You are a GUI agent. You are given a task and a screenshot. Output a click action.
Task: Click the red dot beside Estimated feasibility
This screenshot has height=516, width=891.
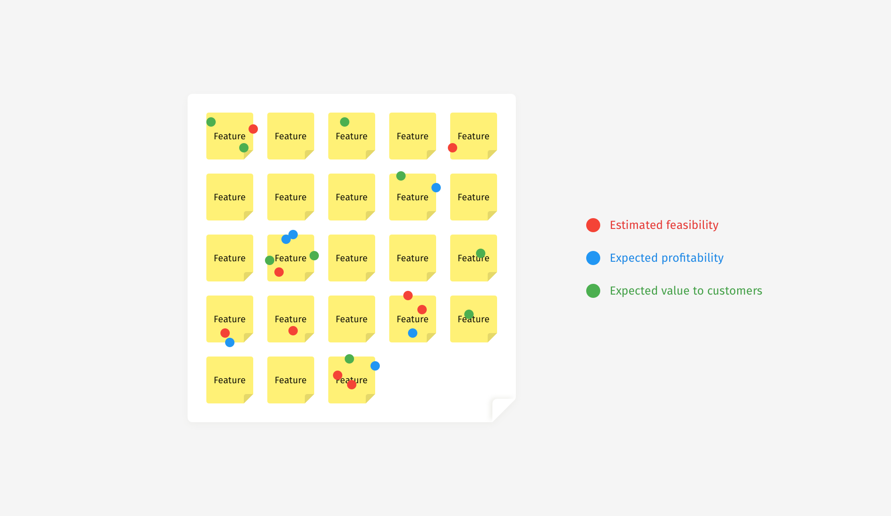click(593, 225)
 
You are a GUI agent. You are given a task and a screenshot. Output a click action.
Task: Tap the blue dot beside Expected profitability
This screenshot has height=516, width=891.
click(593, 258)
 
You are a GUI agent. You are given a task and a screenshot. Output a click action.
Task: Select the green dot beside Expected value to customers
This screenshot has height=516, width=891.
click(593, 291)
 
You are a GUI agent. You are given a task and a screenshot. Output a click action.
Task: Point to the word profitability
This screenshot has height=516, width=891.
click(693, 258)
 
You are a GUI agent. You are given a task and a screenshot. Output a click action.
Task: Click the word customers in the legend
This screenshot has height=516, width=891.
click(735, 291)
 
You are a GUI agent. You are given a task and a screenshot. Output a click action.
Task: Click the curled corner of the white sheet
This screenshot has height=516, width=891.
click(504, 410)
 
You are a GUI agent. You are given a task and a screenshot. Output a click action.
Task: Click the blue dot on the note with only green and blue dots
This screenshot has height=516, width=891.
click(436, 188)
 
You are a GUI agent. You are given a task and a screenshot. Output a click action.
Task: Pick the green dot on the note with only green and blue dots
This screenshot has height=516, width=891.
click(401, 176)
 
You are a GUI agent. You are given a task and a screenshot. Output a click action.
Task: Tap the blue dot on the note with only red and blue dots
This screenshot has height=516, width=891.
click(230, 342)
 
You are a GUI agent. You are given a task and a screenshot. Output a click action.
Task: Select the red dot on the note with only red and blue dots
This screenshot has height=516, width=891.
click(225, 333)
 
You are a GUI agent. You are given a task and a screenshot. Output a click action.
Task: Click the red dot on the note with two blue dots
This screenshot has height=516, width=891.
click(279, 272)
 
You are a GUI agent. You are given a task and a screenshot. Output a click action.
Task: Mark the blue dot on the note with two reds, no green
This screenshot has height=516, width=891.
click(413, 333)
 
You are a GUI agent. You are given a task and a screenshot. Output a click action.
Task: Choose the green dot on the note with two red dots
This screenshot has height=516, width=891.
click(349, 359)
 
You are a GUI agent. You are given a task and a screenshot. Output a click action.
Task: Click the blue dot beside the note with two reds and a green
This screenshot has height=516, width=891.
click(375, 366)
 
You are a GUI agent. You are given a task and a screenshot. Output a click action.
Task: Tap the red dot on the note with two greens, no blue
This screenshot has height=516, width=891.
click(253, 129)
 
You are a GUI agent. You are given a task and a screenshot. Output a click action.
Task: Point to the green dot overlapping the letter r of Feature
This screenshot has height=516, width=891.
click(481, 254)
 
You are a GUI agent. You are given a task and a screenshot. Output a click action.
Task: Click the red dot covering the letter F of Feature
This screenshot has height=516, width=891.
click(338, 375)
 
